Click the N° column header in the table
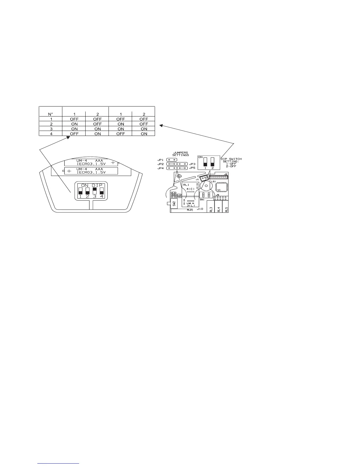(50, 114)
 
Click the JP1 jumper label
(160, 160)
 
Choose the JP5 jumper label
(192, 168)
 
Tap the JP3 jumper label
(192, 164)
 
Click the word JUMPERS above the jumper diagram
(181, 153)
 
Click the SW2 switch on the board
(174, 204)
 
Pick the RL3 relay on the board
(211, 207)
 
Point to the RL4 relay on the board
(219, 207)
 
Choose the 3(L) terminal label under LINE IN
(191, 205)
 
